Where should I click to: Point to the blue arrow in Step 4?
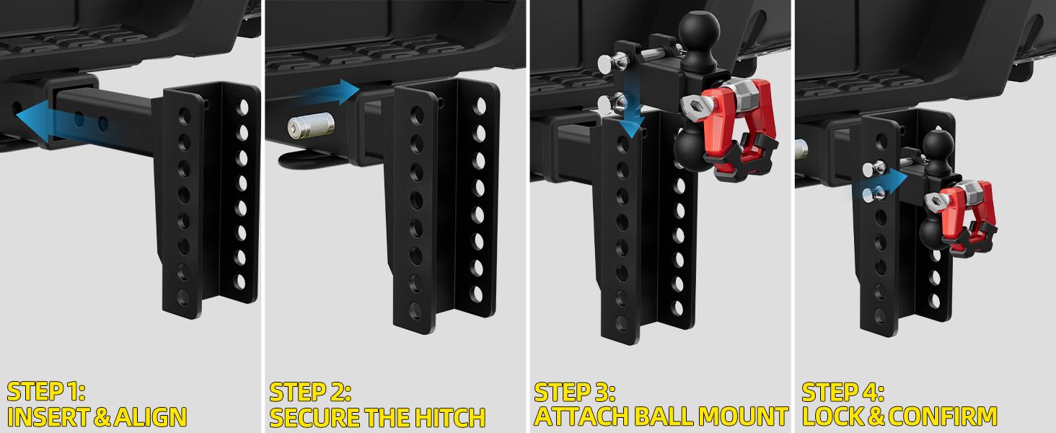pos(881,180)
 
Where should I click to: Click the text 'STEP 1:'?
pos(46,393)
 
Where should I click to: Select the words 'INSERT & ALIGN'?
pos(97,417)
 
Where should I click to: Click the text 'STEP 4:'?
pos(842,393)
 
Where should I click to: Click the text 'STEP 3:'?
pos(575,393)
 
